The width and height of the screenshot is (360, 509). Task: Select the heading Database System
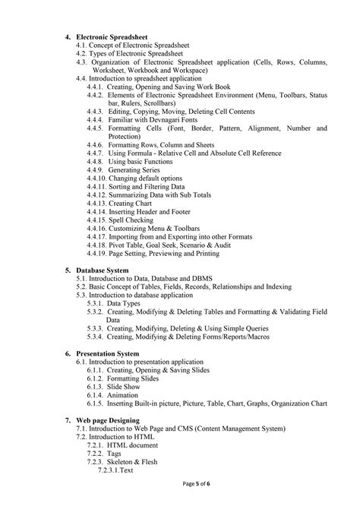(x=101, y=270)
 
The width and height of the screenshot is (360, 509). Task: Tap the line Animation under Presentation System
(x=123, y=395)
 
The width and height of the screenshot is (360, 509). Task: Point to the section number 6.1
(x=81, y=362)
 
